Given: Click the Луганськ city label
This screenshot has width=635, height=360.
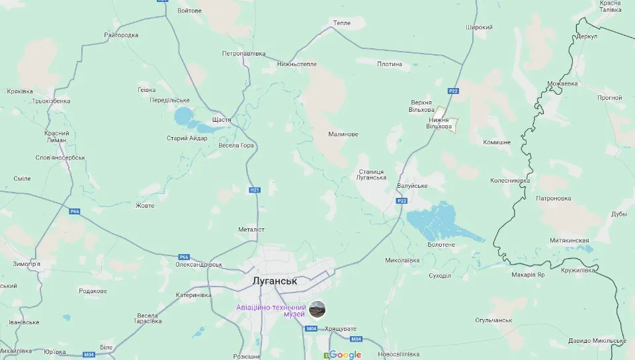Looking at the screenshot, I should [x=275, y=281].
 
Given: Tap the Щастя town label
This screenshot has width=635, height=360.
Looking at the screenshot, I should [x=221, y=120].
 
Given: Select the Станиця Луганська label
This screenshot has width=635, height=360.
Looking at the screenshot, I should [x=372, y=173].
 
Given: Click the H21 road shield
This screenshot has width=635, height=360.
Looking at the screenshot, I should [x=255, y=191].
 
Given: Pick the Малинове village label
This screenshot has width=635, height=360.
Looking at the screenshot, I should [x=343, y=134].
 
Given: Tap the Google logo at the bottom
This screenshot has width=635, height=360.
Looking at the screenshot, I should [x=345, y=355].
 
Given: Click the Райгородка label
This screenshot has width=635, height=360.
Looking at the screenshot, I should [x=122, y=35].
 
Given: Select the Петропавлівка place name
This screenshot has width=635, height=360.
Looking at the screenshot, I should [x=243, y=53].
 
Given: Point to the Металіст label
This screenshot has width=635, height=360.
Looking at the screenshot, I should [x=251, y=229].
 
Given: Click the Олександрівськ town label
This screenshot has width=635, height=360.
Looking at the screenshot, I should [x=198, y=264].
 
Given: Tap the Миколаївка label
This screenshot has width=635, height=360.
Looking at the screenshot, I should [x=402, y=260].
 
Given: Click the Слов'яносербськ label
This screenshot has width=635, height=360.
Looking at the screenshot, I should [x=60, y=157].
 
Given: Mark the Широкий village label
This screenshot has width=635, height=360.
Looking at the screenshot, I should [x=479, y=27].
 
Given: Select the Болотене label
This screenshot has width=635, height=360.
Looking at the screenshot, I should [x=441, y=245].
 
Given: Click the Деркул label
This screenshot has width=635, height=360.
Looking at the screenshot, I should [x=587, y=36].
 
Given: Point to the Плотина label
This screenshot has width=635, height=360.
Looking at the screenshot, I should [x=390, y=64].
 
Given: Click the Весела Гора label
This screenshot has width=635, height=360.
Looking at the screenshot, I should [x=236, y=145].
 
